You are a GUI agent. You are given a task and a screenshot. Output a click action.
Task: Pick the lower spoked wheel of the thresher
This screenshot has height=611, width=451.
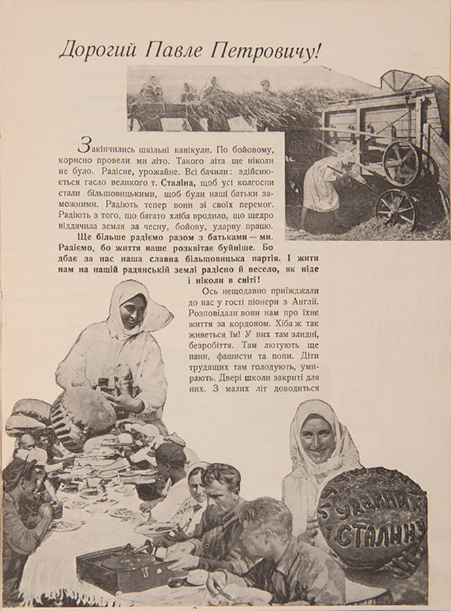coord(396,208)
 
